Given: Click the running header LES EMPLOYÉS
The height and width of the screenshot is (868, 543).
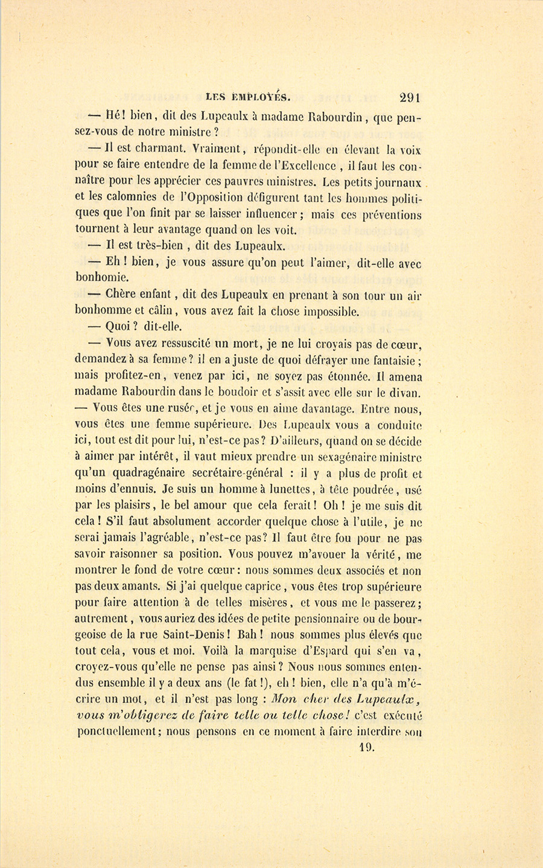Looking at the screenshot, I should pos(249,96).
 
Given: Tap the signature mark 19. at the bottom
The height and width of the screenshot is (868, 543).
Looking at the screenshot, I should pos(366,747).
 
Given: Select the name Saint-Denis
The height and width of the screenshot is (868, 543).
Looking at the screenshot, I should pos(198,635).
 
